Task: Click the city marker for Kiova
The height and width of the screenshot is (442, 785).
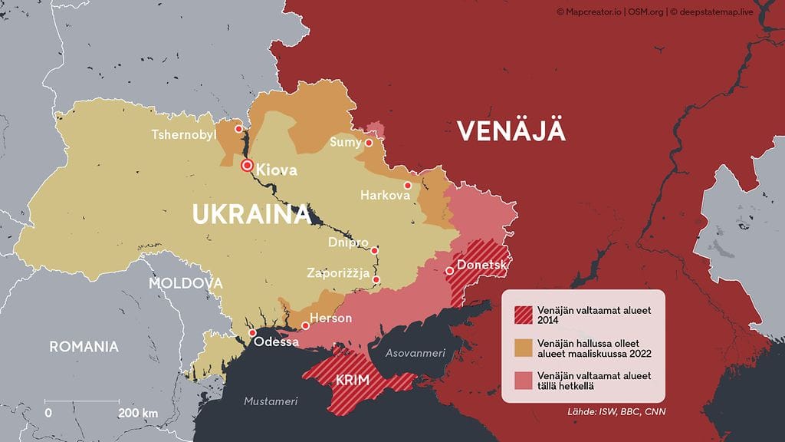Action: tap(247, 166)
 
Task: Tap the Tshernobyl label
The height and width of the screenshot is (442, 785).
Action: tap(184, 135)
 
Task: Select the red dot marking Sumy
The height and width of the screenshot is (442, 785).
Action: tap(369, 142)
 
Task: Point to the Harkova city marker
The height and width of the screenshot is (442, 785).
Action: tap(408, 185)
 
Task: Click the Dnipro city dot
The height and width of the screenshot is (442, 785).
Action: tap(375, 250)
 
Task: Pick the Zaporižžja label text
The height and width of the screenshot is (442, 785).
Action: tap(338, 273)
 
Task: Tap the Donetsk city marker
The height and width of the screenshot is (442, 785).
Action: tap(449, 270)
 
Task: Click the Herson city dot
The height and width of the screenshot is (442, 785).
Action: tap(305, 325)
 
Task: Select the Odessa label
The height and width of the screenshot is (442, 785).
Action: tap(276, 341)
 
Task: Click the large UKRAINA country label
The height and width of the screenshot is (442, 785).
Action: tap(251, 215)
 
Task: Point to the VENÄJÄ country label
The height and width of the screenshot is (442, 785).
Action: tap(511, 131)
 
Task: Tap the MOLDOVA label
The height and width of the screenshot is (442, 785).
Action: tap(186, 283)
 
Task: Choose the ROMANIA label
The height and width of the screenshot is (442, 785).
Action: tap(84, 347)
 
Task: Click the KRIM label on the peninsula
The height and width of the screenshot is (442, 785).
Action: tap(352, 381)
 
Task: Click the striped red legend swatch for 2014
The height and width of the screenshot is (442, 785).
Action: tap(523, 313)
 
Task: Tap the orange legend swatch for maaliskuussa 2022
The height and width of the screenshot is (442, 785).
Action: tap(523, 347)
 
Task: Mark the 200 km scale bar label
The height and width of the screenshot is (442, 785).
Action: tap(138, 414)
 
